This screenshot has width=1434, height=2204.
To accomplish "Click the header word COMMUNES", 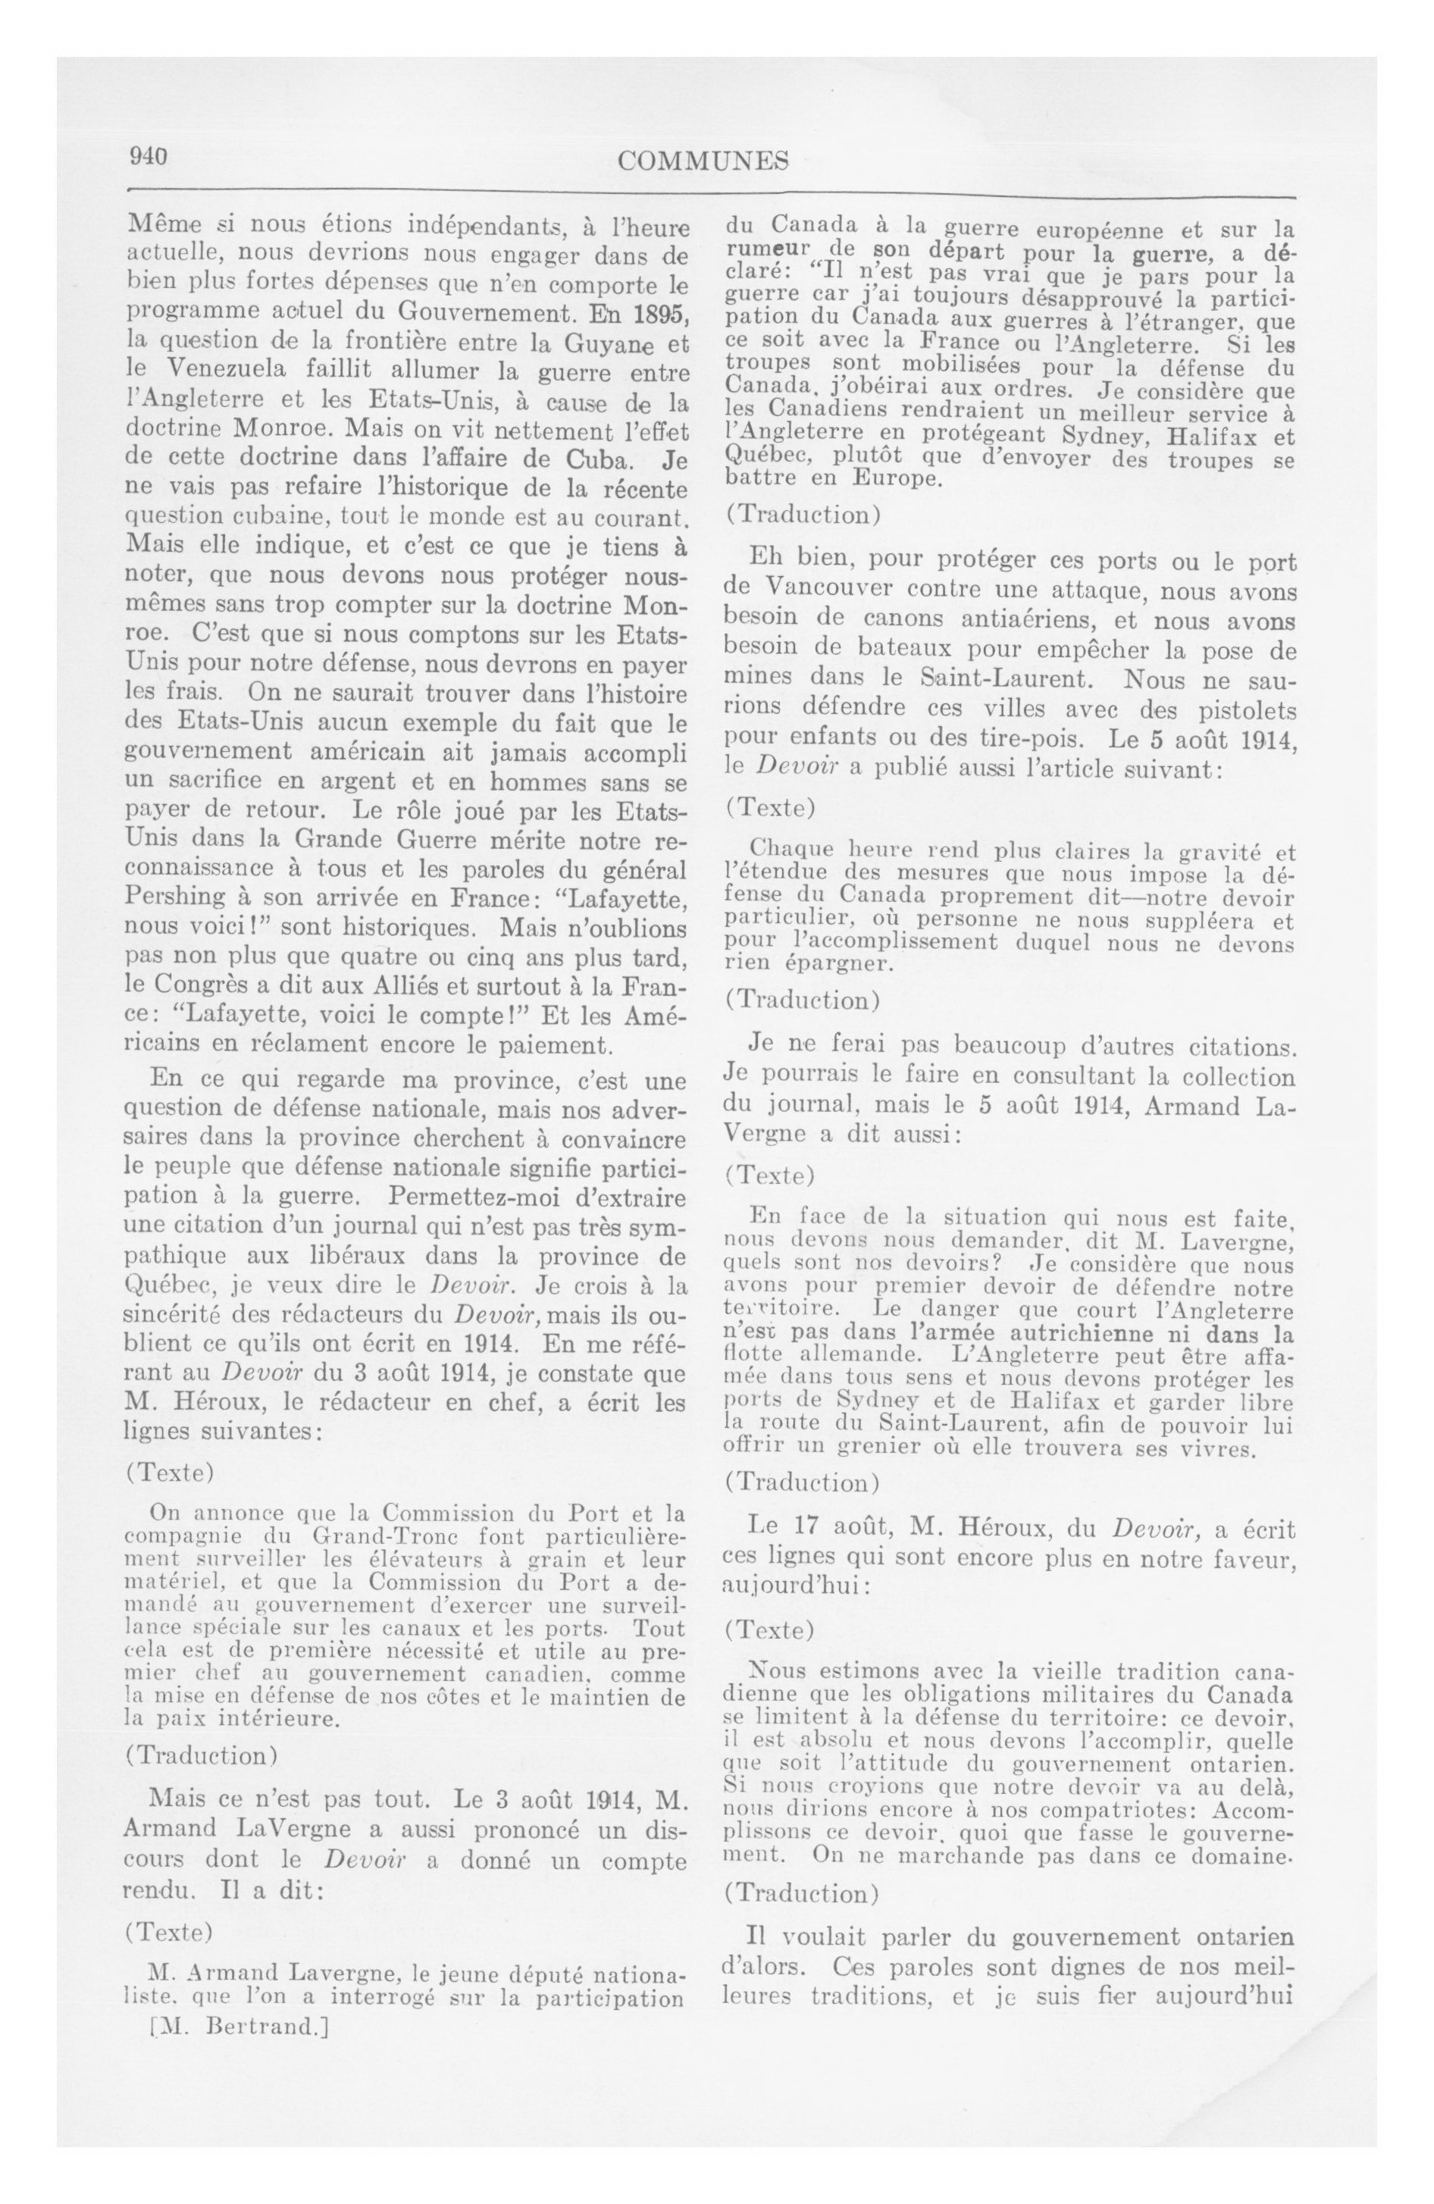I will pos(703,161).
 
